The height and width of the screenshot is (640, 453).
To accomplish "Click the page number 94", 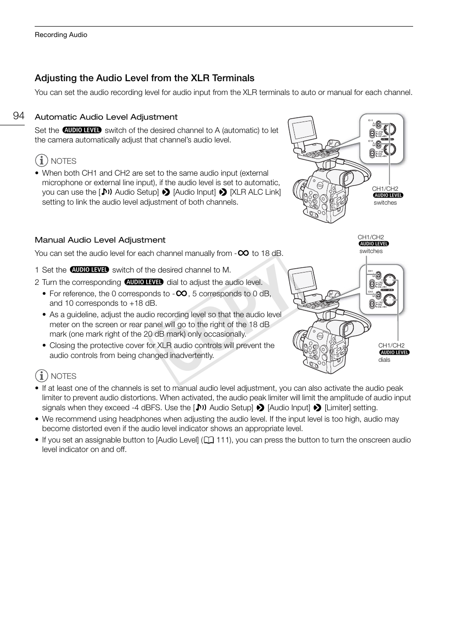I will (19, 116).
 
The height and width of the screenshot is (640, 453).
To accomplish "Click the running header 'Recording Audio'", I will (61, 35).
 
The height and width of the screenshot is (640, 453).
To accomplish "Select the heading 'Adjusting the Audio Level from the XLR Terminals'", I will (144, 78).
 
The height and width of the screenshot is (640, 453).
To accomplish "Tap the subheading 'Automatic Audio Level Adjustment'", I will (106, 117).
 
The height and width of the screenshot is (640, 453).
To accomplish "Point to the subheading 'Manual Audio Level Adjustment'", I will (100, 240).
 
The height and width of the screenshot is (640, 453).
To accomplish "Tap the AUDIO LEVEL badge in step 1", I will (89, 270).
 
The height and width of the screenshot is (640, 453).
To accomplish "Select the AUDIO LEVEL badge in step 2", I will (144, 282).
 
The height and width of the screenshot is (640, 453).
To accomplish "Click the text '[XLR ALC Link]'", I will (255, 192).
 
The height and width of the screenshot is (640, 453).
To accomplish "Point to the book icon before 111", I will (209, 440).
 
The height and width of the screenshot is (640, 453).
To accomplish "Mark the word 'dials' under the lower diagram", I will (384, 360).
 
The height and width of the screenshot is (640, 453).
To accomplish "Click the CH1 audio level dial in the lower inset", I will (390, 281).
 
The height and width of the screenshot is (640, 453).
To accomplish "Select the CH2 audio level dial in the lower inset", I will (390, 300).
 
